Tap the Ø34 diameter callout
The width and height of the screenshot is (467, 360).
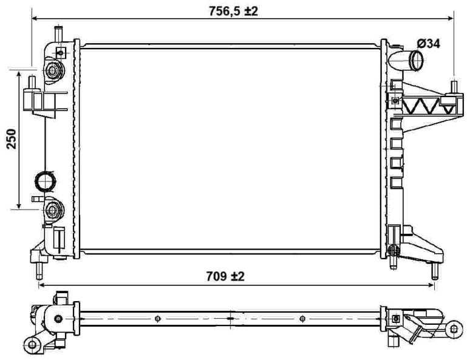(x=428, y=43)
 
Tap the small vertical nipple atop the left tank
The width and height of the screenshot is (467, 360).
(x=58, y=34)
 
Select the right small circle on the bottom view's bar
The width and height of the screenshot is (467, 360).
(x=302, y=318)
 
